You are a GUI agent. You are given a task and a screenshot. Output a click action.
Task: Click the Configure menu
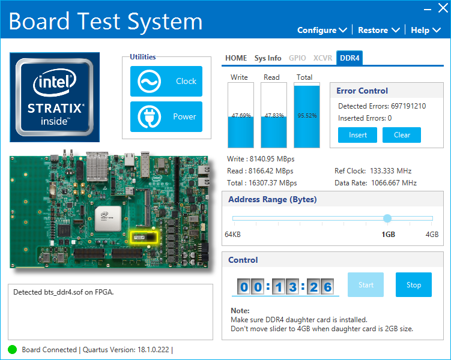pos(322,30)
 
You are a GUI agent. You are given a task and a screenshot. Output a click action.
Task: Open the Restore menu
pos(378,30)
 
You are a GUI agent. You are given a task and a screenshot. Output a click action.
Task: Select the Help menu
pos(425,30)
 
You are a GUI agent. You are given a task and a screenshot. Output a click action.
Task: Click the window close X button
pos(443,8)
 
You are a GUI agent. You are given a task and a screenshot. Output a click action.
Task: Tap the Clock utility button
pos(166,81)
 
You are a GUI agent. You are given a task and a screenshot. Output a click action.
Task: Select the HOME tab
pos(236,58)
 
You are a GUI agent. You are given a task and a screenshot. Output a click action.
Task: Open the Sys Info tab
pos(268,58)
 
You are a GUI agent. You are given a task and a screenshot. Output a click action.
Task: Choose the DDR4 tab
pos(350,58)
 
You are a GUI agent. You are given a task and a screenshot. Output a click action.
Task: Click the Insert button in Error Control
pos(358,135)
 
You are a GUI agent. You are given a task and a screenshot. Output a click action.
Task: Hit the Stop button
pos(414,285)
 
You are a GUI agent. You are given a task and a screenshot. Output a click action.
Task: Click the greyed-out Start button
pos(366,285)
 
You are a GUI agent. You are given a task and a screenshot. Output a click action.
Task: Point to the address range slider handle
pos(387,218)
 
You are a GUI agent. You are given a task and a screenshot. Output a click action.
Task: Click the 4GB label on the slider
pos(432,235)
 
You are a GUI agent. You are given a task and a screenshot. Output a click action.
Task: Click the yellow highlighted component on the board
pos(144,236)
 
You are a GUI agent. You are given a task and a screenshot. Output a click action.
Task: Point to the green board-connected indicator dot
pos(13,350)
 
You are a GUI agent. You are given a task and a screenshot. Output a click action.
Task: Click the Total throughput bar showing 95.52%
pos(306,116)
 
